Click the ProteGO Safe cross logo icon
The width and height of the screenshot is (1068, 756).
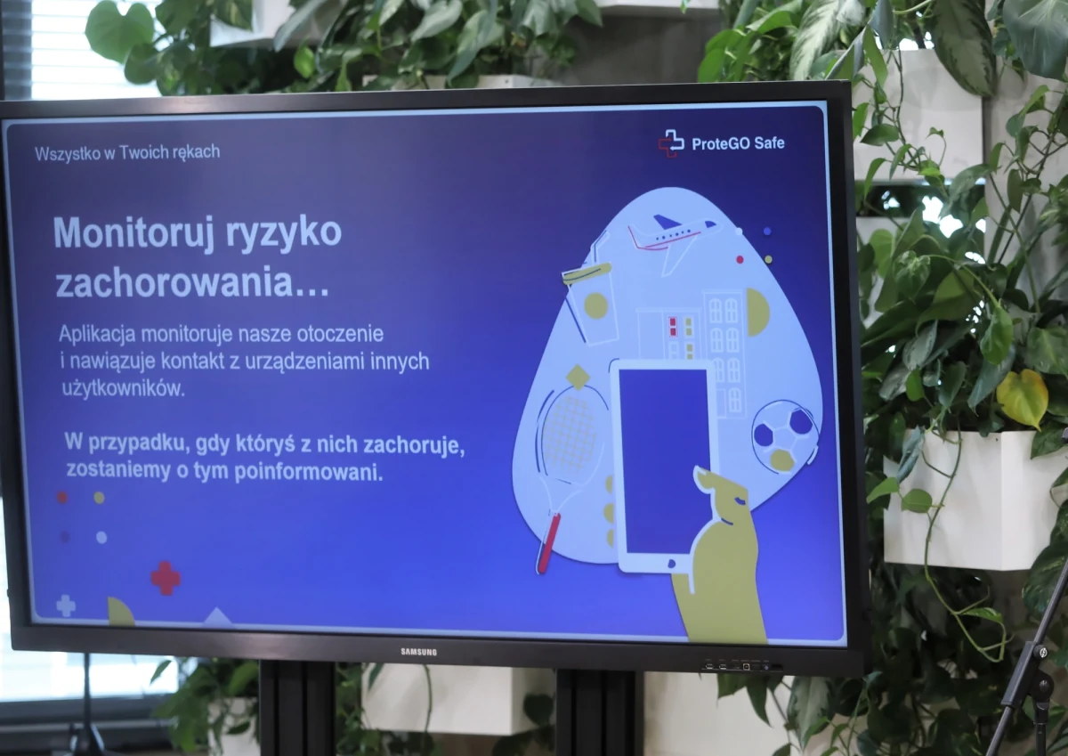tap(670, 142)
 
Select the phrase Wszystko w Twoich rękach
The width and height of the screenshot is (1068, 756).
tap(127, 152)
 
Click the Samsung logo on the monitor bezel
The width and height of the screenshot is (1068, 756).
tap(418, 653)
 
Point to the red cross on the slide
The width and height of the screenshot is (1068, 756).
tap(166, 578)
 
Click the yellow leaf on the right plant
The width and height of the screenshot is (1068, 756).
tap(1023, 397)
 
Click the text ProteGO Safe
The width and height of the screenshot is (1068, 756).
tap(738, 142)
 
